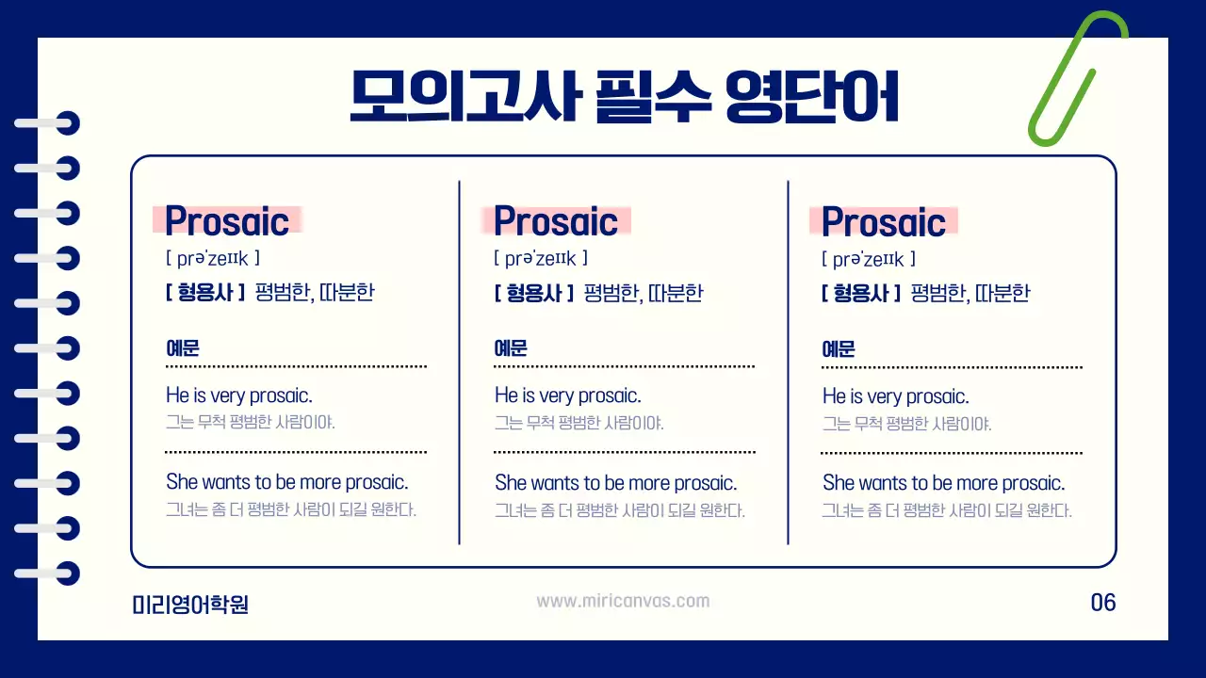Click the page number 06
[x=1102, y=603]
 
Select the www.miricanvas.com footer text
[x=623, y=601]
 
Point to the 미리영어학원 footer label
[x=190, y=604]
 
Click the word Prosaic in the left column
[x=227, y=221]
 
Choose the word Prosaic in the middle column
[x=556, y=221]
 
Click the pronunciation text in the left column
[x=212, y=258]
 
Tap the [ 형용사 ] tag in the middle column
[x=533, y=293]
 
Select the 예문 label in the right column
[x=839, y=348]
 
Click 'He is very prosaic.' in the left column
[x=239, y=395]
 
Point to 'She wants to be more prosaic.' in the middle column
[x=615, y=483]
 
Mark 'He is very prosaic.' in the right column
[x=896, y=396]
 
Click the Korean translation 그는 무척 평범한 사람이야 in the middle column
[x=579, y=423]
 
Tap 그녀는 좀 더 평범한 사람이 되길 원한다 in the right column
[x=947, y=511]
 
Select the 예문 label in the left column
[x=183, y=348]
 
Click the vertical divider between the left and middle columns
[x=459, y=362]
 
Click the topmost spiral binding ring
[x=47, y=124]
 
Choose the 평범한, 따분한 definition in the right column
[x=970, y=293]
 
